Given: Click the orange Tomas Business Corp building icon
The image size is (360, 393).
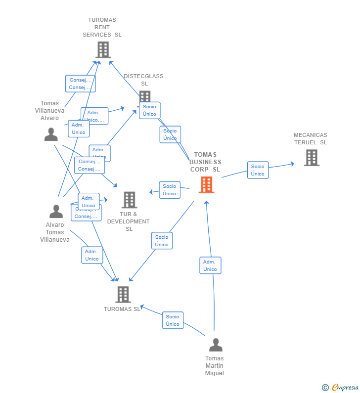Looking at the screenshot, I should point(206,185).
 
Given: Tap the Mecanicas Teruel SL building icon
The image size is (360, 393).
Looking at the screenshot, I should point(312,158).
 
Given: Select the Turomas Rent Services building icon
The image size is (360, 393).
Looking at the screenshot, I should point(103,50).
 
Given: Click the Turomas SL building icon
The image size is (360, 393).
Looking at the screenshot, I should point(123,294).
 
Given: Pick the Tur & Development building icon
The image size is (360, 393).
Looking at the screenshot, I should point(129,200).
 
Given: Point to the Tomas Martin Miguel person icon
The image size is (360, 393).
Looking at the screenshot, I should point(216,345).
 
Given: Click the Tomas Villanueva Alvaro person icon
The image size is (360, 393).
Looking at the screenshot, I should point(51,134).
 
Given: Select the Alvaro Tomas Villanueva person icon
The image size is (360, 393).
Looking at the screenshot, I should point(56,211).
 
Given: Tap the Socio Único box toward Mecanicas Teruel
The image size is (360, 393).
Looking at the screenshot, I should point(258,170).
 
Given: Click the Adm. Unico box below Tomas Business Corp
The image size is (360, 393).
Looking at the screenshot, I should point(210,265).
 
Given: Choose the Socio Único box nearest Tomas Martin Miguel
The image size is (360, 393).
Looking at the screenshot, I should point(173,320).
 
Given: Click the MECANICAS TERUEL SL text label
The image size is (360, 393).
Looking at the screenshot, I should point(311,138).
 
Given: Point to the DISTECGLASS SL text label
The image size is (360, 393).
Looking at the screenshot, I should point(143,80).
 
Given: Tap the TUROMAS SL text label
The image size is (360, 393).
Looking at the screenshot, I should point(122,309).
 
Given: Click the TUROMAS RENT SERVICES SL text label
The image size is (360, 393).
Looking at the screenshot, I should point(102,27).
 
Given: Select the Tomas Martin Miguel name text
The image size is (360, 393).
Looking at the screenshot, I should point(215,365).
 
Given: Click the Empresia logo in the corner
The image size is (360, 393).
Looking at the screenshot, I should point(341,387).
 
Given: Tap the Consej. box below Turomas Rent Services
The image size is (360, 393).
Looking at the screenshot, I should point(80,84).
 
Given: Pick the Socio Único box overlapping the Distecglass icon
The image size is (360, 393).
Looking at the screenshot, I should point(149,110).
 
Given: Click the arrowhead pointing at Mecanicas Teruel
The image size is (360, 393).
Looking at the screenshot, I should point(292,164).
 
